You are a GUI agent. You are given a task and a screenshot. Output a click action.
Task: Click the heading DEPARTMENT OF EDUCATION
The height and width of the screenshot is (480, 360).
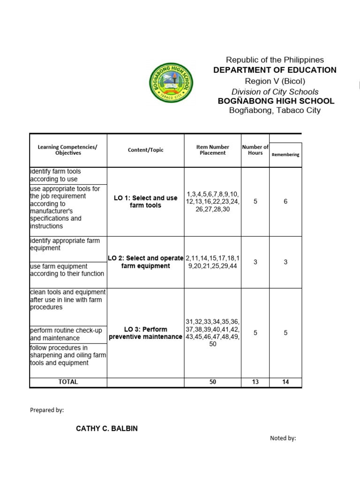275,70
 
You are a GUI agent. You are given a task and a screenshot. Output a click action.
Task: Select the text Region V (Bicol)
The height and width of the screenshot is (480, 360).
275,81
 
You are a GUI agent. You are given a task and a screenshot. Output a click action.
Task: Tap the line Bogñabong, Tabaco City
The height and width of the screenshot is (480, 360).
275,111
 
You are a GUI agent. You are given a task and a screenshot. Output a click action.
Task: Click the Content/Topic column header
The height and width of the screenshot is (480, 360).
145,150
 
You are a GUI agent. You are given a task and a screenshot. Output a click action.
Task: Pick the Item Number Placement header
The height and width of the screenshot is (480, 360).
212,150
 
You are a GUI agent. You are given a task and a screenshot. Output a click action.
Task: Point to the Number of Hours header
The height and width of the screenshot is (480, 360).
255,150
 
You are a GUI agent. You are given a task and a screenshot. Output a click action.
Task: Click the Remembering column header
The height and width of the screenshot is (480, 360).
285,155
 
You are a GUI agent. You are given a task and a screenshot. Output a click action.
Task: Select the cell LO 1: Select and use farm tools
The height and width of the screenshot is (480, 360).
145,202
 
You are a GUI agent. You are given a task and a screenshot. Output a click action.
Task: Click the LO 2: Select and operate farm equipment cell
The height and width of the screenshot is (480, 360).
145,262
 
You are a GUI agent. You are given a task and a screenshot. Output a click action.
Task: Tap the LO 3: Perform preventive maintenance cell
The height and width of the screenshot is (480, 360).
145,333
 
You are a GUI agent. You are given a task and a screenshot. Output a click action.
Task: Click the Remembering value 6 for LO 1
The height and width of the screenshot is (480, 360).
285,202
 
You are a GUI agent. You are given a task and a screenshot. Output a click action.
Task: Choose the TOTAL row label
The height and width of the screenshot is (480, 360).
68,382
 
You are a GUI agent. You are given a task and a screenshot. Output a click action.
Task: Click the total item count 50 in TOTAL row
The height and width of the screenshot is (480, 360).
212,382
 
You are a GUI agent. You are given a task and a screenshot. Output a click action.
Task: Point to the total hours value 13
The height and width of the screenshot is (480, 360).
255,382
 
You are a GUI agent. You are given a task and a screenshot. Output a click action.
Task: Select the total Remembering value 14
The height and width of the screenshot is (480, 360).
285,382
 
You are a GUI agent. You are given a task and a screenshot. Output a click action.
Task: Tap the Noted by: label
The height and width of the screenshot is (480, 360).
283,438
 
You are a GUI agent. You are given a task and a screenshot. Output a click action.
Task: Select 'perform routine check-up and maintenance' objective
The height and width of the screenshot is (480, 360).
66,334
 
